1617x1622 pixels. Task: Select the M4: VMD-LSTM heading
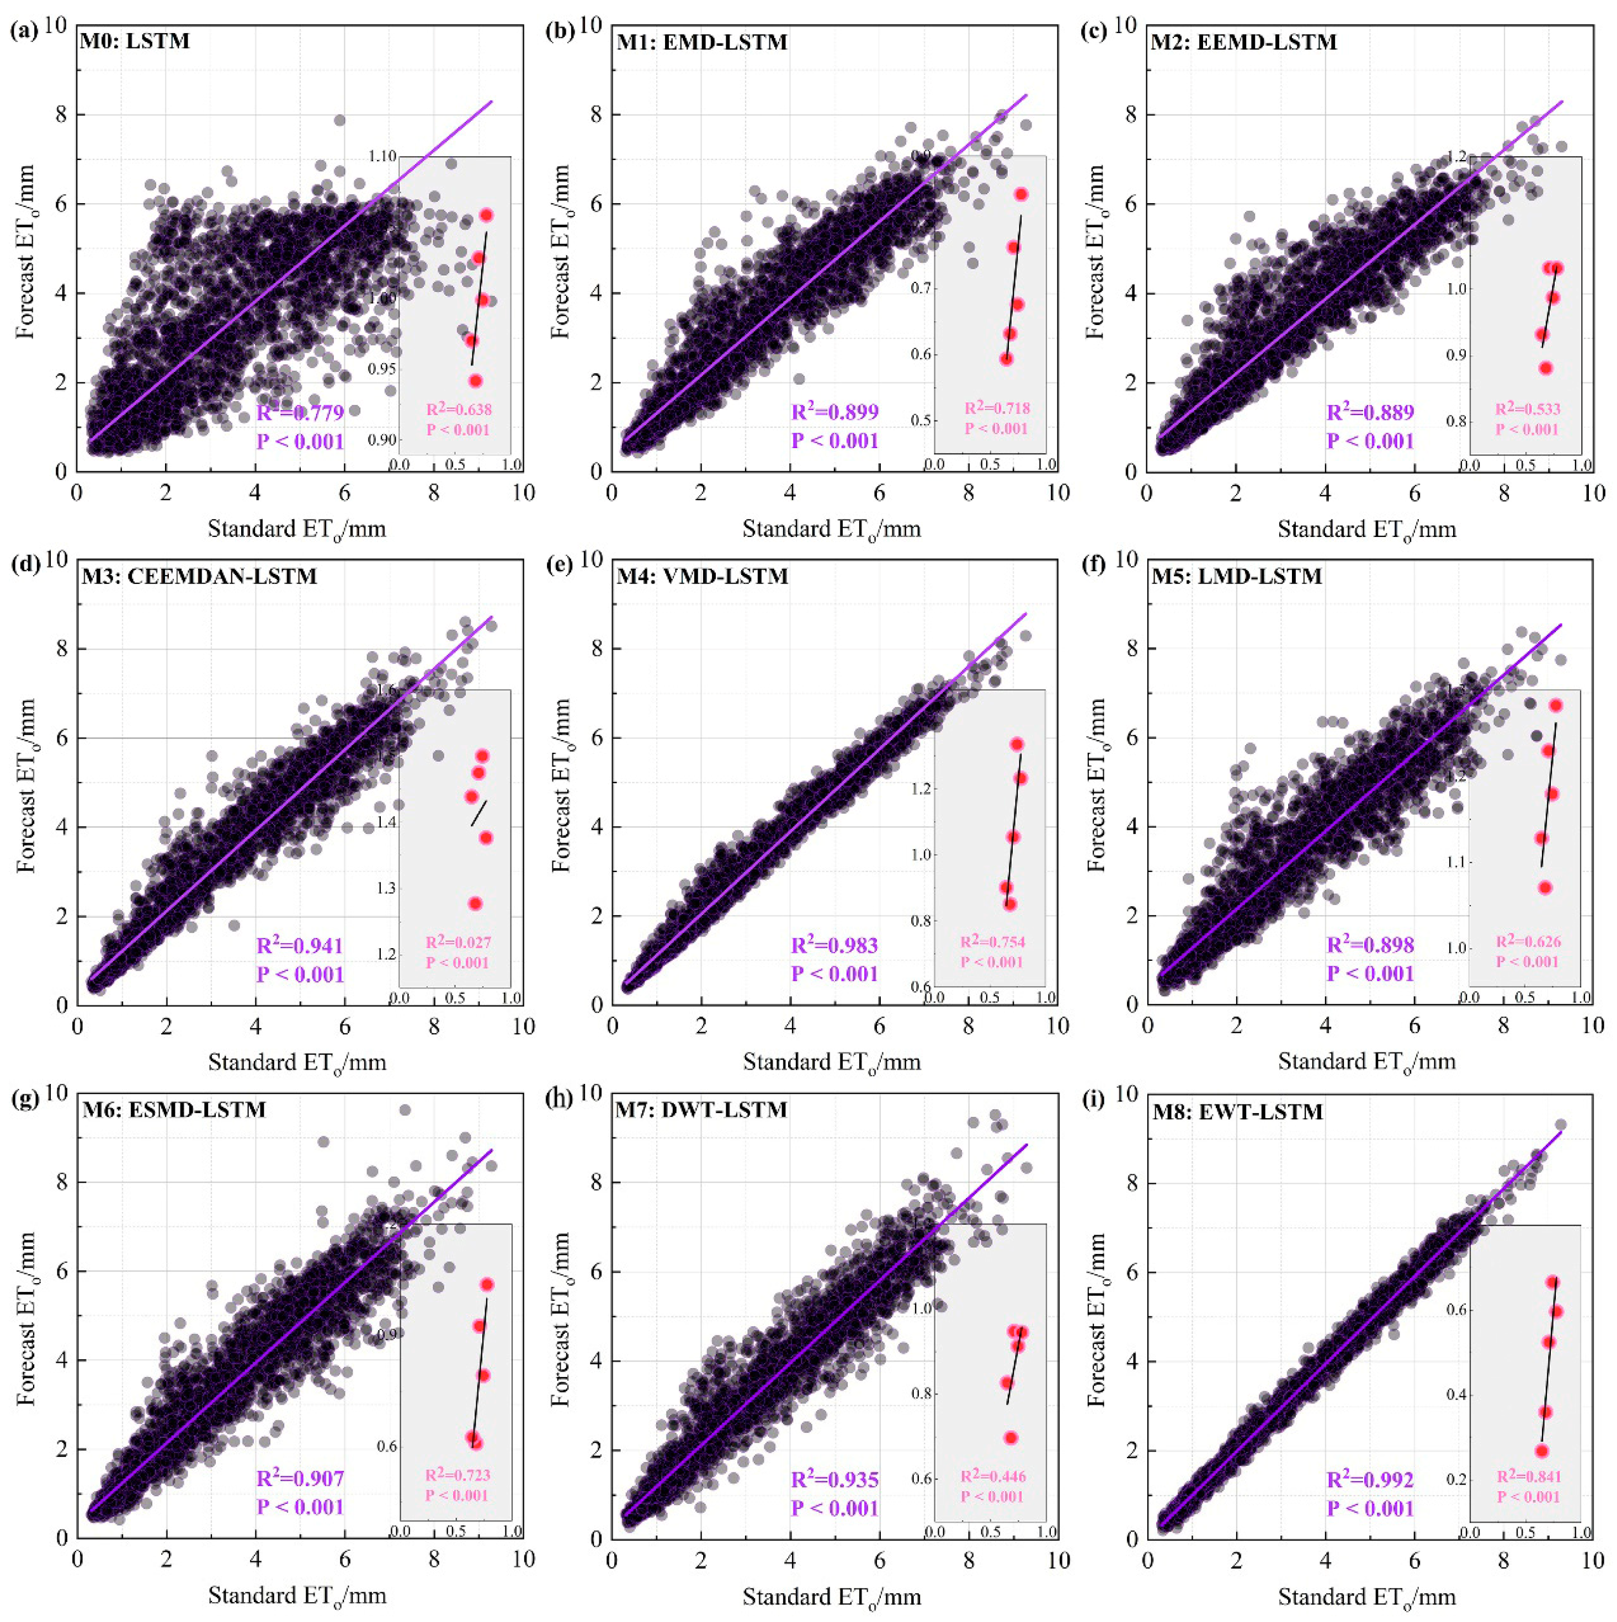click(702, 576)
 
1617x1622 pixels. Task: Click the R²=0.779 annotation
click(300, 412)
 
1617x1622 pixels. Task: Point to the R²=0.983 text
click(834, 945)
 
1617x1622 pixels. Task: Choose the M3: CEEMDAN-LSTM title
click(199, 576)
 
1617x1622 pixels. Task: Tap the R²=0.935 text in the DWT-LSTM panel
click(834, 1479)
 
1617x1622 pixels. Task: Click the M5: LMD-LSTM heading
click(1236, 576)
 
